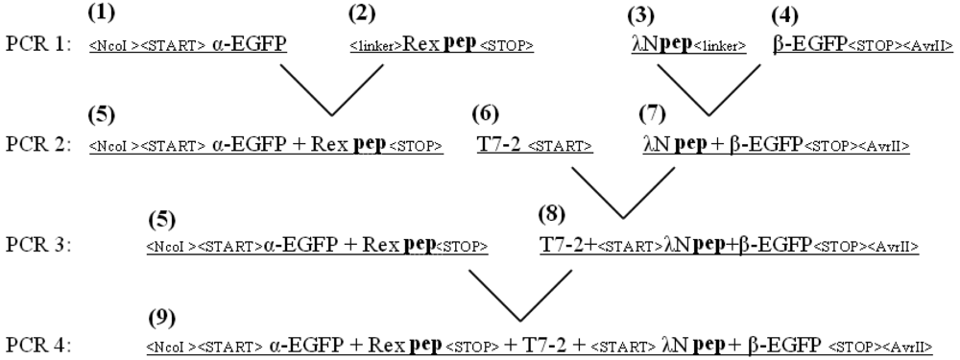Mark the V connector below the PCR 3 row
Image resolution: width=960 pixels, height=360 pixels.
pyautogui.click(x=518, y=293)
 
